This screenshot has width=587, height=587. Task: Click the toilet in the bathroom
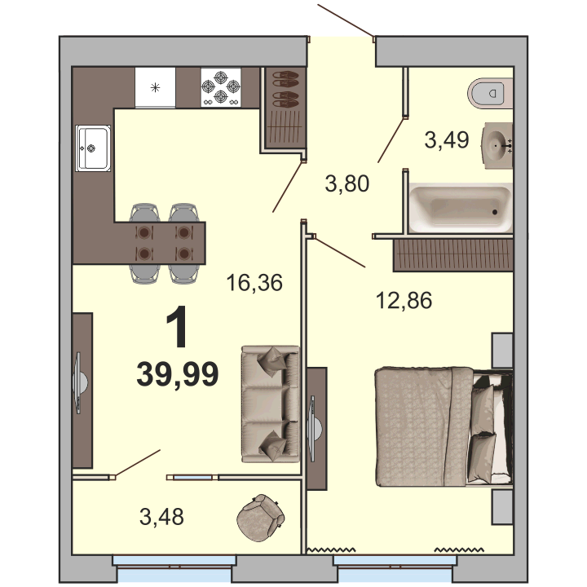pos(490,93)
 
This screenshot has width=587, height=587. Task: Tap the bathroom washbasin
pos(497,145)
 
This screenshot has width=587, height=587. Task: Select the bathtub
pos(461,207)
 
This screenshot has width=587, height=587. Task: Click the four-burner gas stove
pos(221,87)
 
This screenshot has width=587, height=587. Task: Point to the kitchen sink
pos(93,148)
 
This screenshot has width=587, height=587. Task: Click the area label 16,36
pos(254,283)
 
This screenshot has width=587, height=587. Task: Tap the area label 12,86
pos(404,300)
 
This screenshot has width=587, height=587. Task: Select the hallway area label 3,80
pos(347,183)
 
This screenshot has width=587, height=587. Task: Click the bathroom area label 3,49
pos(447,140)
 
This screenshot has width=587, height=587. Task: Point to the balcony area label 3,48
pos(161,517)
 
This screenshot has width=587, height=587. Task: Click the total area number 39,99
pos(178,373)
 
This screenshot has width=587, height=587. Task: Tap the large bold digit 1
pos(177,326)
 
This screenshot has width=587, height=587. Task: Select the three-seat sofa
pos(271,404)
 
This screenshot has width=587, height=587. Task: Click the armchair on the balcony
pos(261,518)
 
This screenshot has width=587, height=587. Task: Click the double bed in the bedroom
pos(444,426)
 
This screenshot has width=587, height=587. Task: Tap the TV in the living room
pos(80,382)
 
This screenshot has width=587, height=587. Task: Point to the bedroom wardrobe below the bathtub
pos(453,255)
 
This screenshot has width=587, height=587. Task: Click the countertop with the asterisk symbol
pos(155,87)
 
